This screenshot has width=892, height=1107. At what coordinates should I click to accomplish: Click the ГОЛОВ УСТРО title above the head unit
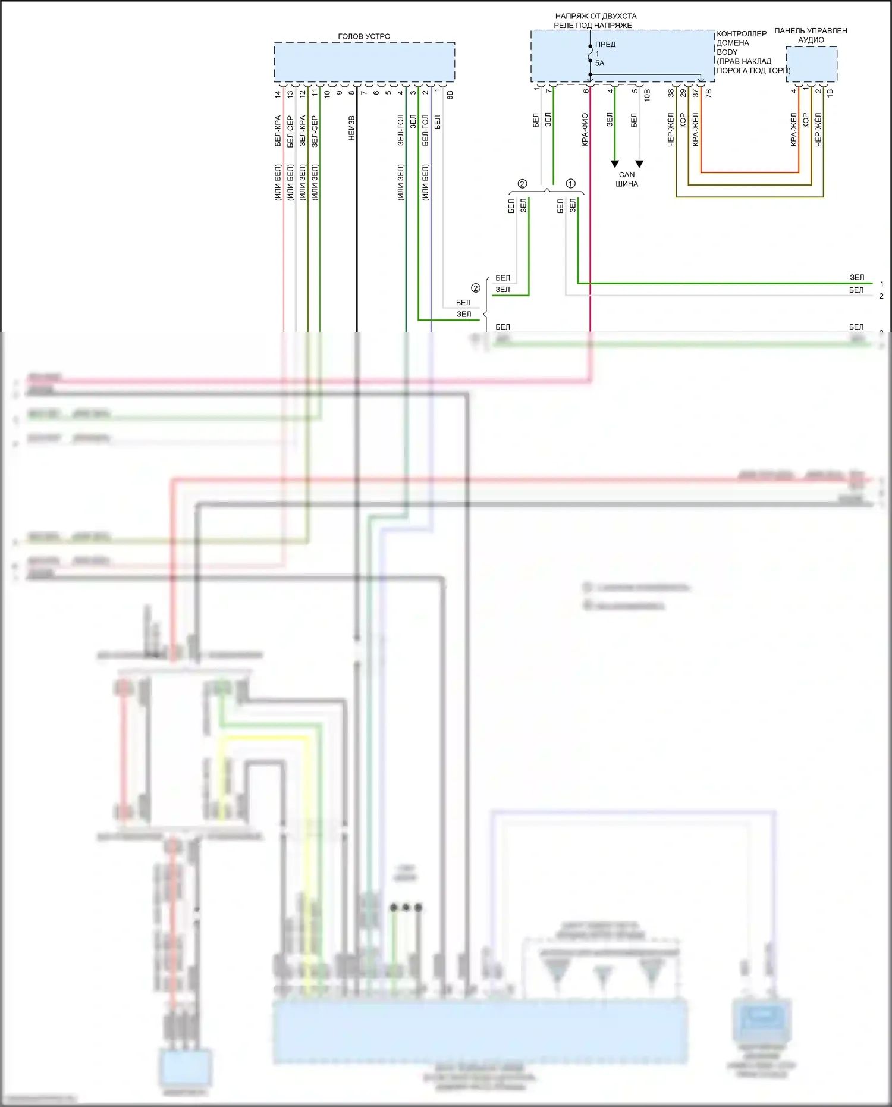[364, 36]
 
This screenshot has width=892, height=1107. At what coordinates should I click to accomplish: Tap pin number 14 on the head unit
[278, 94]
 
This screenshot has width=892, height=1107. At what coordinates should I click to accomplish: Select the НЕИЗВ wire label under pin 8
[351, 128]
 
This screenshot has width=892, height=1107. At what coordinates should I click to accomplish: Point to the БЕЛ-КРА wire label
[278, 131]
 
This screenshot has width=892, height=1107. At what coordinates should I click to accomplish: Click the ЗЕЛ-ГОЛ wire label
[401, 130]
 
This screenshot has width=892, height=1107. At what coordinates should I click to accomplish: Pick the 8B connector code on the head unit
[450, 95]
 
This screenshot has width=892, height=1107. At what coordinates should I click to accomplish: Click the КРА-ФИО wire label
[585, 130]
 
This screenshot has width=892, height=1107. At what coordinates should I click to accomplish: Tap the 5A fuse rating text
[599, 63]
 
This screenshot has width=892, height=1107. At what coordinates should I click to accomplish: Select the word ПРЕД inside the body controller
[605, 45]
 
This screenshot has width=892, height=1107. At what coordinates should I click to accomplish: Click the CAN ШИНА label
[627, 179]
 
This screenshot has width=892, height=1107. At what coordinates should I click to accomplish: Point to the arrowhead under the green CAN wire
[615, 164]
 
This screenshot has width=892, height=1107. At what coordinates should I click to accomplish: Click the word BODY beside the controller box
[727, 52]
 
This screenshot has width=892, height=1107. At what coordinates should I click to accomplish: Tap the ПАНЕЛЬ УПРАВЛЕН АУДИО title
[811, 35]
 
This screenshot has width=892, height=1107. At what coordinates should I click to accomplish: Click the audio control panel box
[811, 64]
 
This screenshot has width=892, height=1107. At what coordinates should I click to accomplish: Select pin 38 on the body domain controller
[671, 93]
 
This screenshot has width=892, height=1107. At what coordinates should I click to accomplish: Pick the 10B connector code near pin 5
[647, 94]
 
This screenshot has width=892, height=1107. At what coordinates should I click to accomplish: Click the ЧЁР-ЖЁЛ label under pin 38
[671, 130]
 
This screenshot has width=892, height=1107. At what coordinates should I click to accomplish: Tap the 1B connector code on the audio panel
[830, 93]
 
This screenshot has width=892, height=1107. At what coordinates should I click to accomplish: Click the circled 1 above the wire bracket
[571, 184]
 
